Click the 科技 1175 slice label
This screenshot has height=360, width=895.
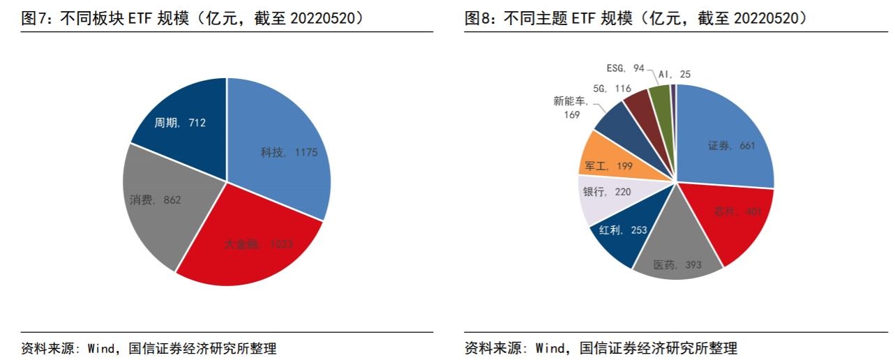click(289, 152)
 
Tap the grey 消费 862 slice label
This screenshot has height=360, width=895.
click(155, 200)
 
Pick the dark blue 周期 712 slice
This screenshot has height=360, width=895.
click(180, 123)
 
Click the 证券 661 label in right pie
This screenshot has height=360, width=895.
click(730, 146)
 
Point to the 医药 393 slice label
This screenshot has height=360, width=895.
click(677, 265)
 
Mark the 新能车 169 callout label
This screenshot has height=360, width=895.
click(571, 107)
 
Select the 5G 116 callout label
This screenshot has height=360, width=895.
click(611, 89)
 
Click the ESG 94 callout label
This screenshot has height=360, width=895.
click(624, 68)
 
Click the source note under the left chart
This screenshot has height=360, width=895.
click(149, 348)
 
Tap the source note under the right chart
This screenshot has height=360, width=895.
click(601, 348)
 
